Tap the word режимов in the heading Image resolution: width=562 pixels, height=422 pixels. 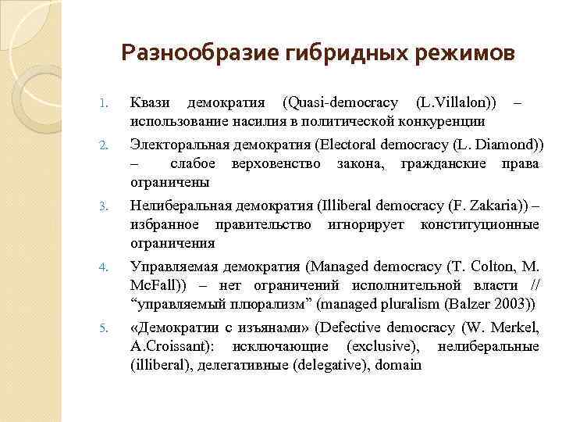point(467,53)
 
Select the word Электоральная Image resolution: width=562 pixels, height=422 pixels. point(179,146)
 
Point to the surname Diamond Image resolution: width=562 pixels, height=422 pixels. point(510,146)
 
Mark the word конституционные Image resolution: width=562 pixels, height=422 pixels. point(479,224)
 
